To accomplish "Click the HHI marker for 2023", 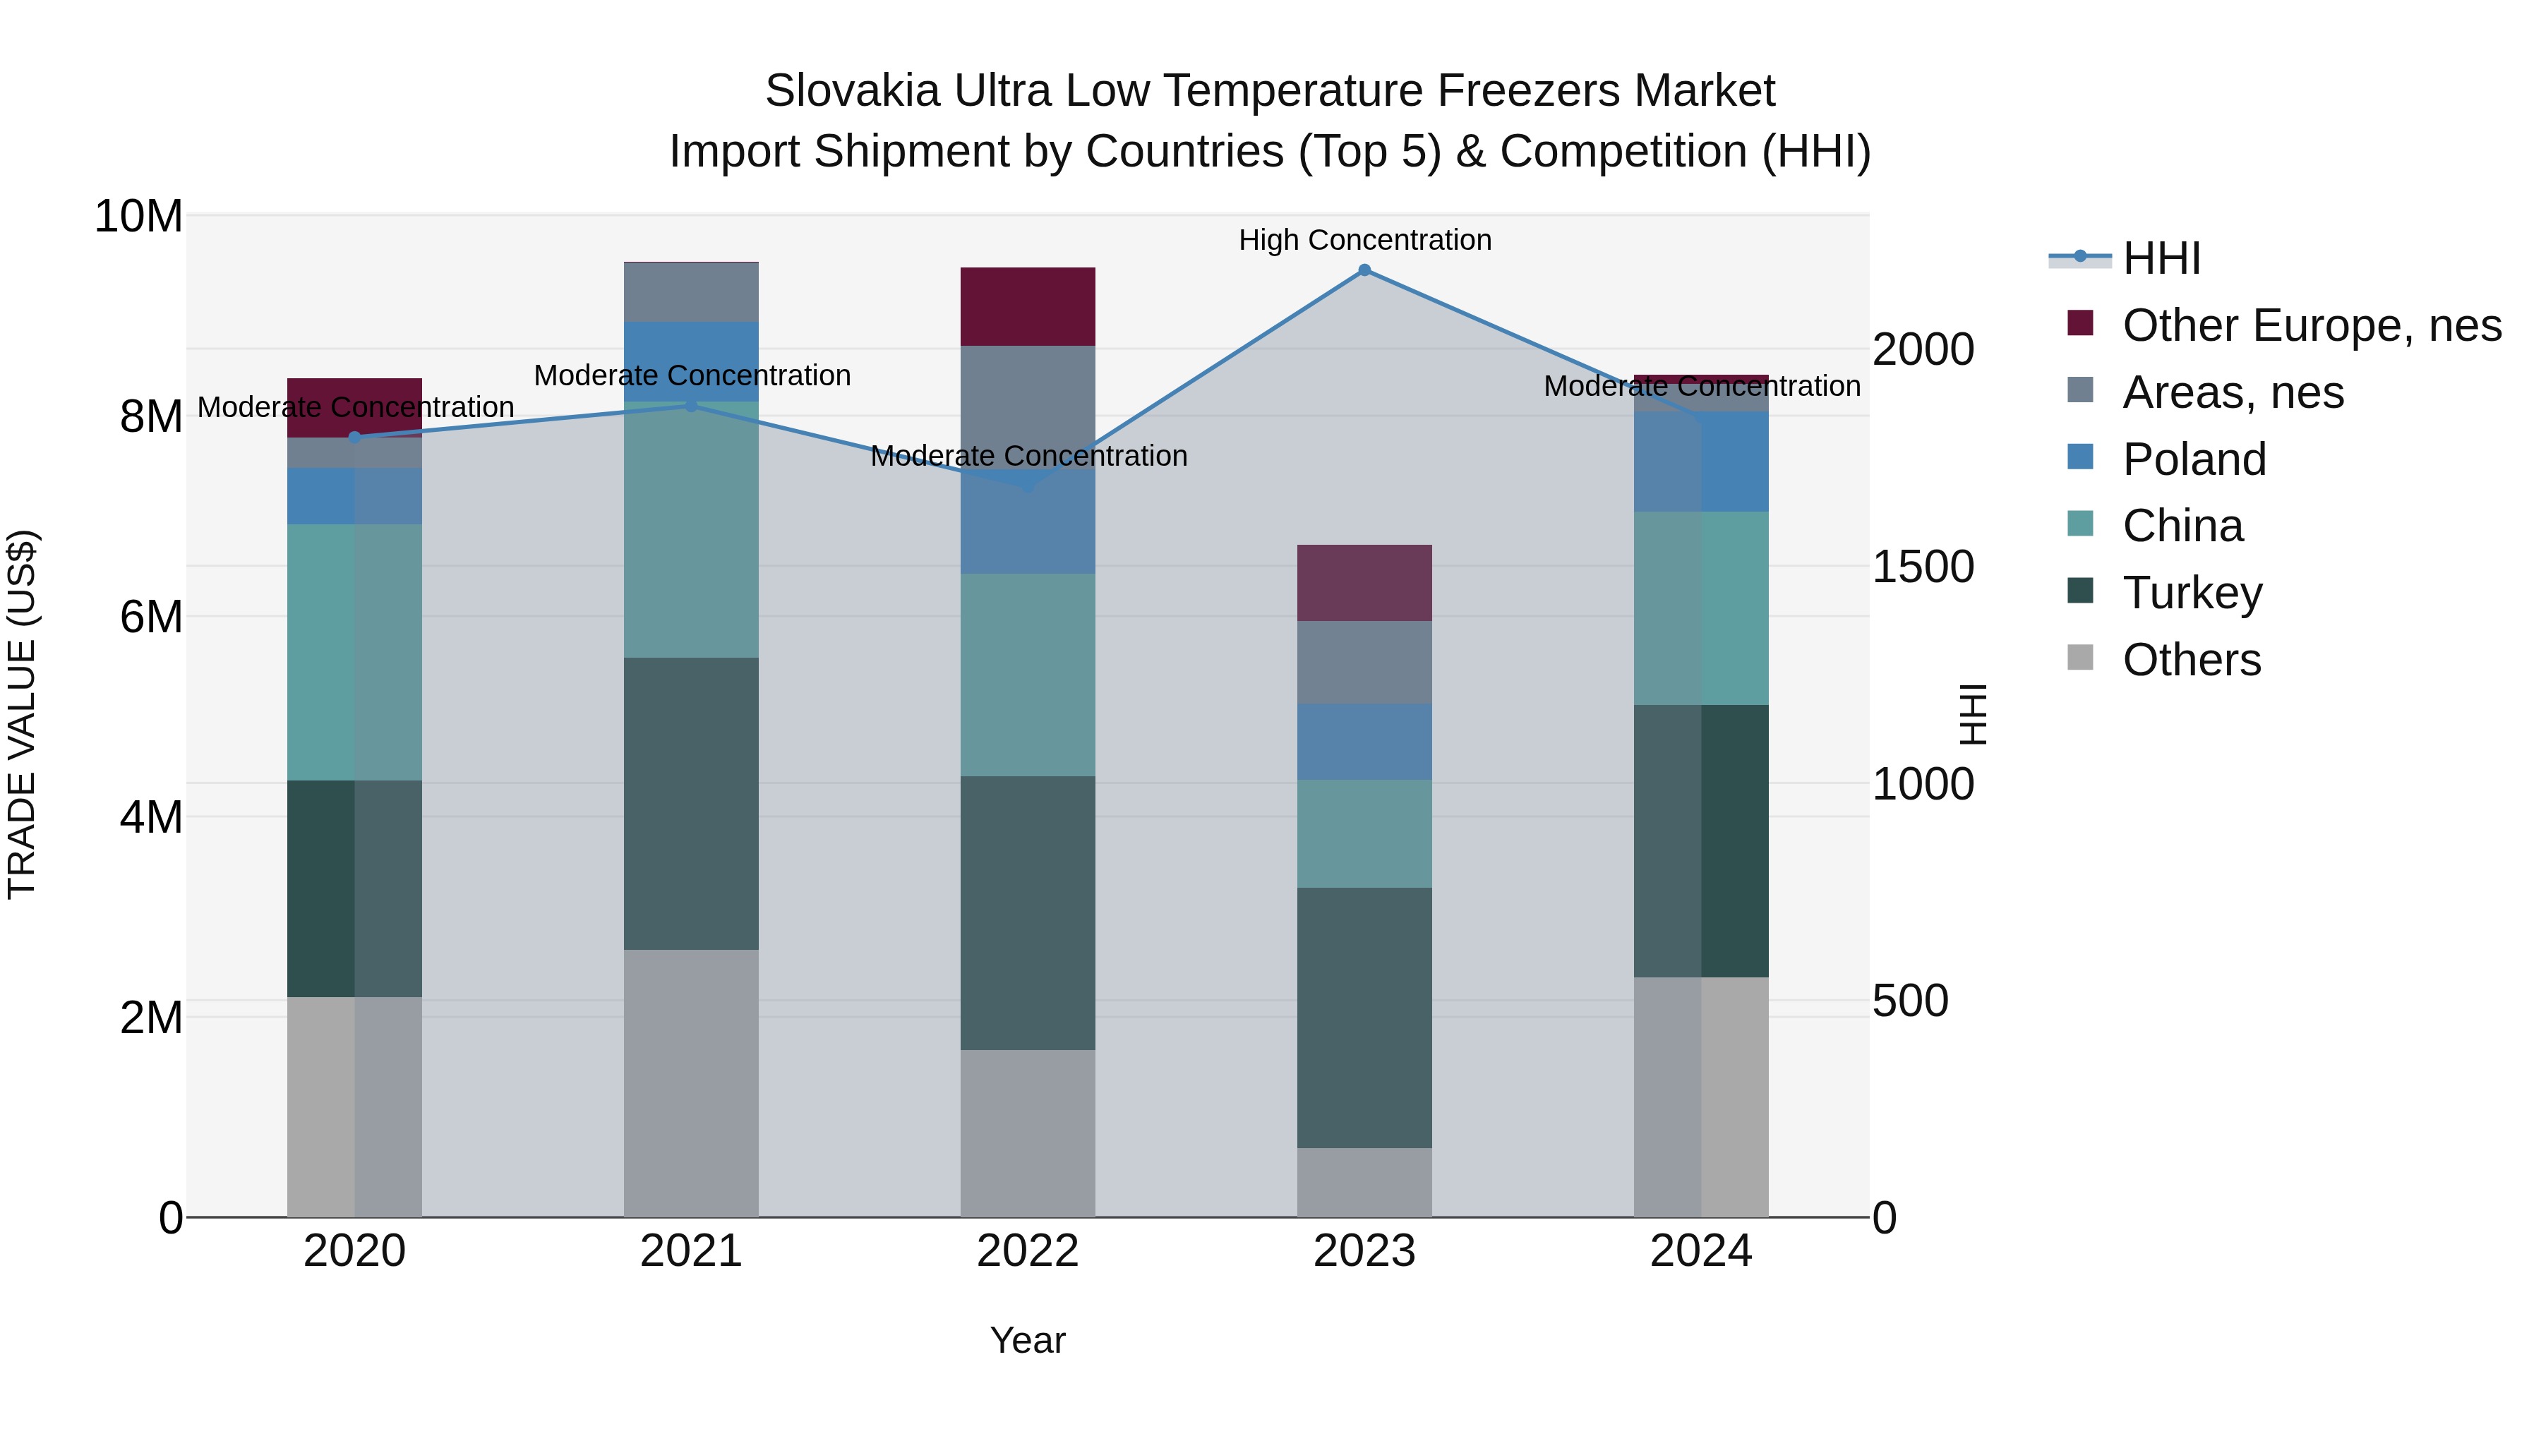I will coord(1364,270).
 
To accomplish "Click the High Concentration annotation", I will coord(1364,240).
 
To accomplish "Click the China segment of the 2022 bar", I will coord(1027,675).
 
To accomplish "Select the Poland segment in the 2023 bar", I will coord(1364,741).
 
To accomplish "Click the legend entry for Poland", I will coord(2194,459).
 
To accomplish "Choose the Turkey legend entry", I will coord(2192,593).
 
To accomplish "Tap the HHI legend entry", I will coord(2161,258).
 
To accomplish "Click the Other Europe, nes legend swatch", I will coord(2079,323).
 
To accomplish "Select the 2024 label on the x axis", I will coord(1700,1251).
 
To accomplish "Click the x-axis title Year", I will coord(1027,1340).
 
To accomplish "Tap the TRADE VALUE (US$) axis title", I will coord(22,714).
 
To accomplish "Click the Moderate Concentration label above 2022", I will coord(1028,456).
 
